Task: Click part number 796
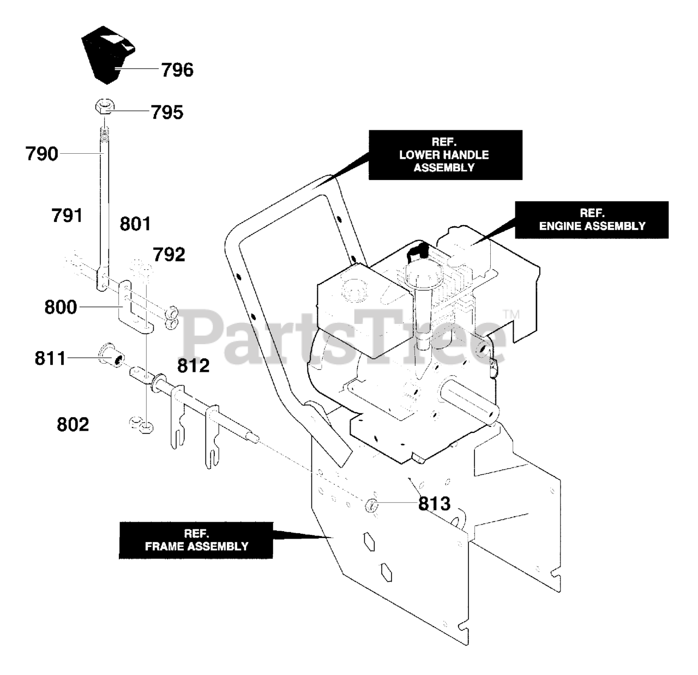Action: (x=177, y=70)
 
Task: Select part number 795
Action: (x=167, y=112)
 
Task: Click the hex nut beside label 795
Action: (x=103, y=106)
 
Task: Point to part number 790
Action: (x=42, y=154)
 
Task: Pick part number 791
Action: (x=67, y=215)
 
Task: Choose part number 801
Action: (x=135, y=224)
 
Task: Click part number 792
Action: (x=169, y=254)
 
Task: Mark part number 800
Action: (x=61, y=308)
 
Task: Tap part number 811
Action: (x=50, y=358)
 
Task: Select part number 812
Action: (x=193, y=365)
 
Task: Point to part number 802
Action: (x=73, y=424)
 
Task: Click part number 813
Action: (x=434, y=503)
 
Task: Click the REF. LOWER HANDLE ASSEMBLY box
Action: (x=445, y=155)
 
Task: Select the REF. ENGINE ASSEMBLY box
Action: (x=592, y=220)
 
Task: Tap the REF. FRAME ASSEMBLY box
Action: (x=196, y=540)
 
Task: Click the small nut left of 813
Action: (x=371, y=505)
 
